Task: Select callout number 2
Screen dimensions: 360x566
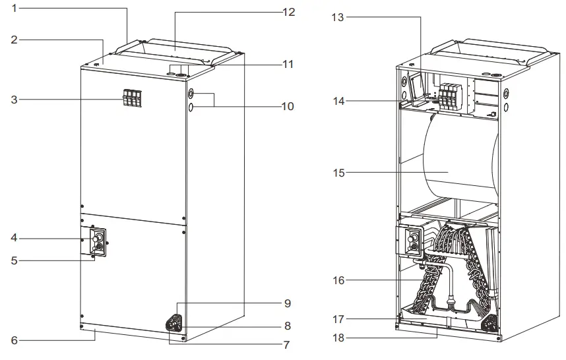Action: click(x=15, y=40)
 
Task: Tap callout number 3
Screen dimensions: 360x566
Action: click(x=15, y=100)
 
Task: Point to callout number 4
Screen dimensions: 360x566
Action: click(x=15, y=237)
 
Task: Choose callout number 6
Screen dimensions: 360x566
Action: click(x=15, y=340)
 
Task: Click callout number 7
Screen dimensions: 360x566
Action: click(x=287, y=344)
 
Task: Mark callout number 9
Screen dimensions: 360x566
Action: click(x=287, y=303)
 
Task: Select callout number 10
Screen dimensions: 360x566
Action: click(x=287, y=105)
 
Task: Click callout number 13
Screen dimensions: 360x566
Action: click(x=338, y=17)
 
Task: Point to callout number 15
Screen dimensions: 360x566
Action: click(x=338, y=173)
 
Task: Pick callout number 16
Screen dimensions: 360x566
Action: click(x=338, y=280)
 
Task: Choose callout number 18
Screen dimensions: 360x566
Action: click(x=338, y=338)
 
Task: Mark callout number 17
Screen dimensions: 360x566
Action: click(x=338, y=319)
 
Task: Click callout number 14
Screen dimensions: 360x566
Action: click(x=338, y=101)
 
